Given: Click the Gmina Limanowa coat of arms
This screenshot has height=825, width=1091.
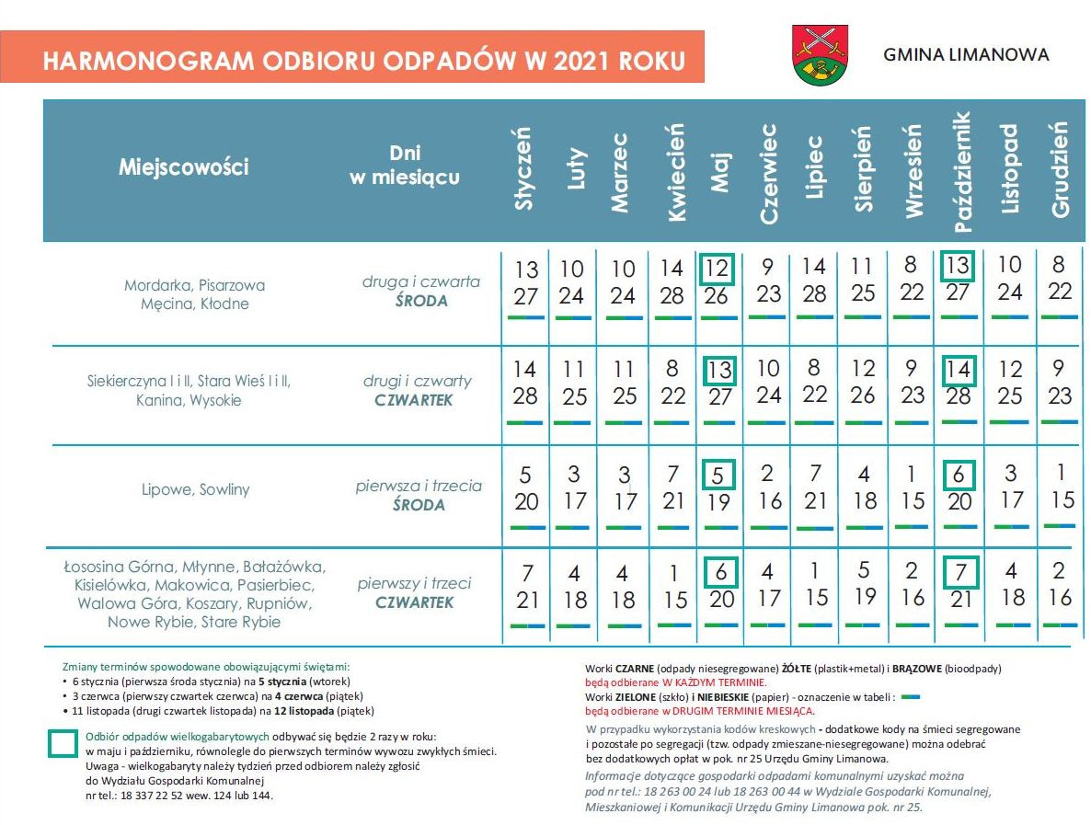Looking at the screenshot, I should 820,56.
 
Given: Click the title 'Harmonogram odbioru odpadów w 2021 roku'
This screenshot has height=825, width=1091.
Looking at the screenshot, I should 364,61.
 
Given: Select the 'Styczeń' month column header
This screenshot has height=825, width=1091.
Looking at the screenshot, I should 524,172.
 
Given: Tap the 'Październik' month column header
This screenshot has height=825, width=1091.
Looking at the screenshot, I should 961,172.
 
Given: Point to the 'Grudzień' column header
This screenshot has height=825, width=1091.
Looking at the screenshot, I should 1060,172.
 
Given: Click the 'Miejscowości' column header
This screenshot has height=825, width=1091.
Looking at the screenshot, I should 183,167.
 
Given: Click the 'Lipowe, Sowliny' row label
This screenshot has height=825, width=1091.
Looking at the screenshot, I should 197,489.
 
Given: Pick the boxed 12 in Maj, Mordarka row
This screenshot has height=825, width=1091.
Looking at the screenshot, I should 718,269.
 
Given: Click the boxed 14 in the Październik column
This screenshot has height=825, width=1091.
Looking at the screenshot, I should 959,371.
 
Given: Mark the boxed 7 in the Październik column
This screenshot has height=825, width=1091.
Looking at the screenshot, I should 959,573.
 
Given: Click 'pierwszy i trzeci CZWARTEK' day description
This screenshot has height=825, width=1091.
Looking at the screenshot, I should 414,593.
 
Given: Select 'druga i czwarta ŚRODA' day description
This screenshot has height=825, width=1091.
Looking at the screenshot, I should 421,291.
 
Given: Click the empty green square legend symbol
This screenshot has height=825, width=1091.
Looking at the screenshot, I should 63,743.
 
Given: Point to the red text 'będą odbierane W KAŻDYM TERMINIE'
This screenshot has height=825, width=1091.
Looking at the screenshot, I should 675,683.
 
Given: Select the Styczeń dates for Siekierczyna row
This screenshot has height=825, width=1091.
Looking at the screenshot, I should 524,384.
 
